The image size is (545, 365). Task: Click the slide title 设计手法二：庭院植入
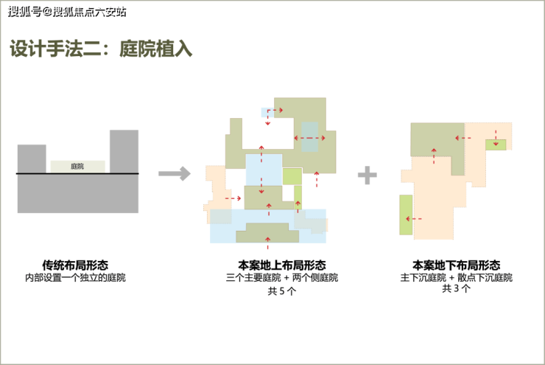101,49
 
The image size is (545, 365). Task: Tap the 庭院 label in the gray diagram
77,167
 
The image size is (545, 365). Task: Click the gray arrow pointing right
175,173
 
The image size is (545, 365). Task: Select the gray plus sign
368,175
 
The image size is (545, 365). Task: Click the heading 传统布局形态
75,265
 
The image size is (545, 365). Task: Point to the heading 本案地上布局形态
282,265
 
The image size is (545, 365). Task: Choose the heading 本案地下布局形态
457,265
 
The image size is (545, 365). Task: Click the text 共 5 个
282,291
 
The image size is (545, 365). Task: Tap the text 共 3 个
457,288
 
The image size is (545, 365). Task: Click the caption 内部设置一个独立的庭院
75,278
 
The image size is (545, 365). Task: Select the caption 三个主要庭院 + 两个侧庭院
282,278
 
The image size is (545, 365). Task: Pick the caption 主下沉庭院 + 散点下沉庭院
457,278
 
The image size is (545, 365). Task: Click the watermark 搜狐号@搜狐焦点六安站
67,12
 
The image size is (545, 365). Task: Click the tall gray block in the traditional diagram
124,152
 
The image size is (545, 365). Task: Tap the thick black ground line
77,173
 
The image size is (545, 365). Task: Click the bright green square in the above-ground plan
292,176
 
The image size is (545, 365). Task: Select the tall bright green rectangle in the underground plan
406,215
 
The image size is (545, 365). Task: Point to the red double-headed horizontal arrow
309,138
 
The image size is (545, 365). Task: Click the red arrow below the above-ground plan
267,243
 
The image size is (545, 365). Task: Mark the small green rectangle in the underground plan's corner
496,145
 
